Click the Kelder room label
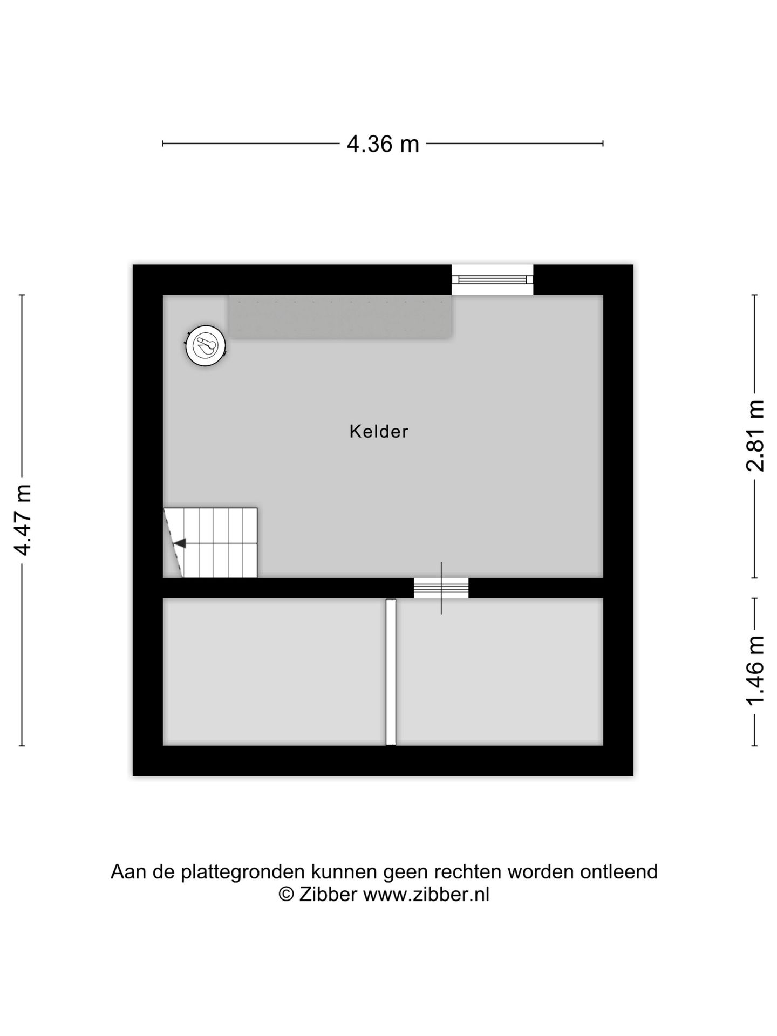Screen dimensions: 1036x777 pos(379,432)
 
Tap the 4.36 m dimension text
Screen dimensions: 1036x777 pos(383,144)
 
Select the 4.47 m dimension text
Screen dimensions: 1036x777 pos(23,520)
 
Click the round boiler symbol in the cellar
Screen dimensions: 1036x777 pos(205,346)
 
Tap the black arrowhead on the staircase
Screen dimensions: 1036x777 pos(180,543)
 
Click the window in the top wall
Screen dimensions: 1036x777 pos(492,280)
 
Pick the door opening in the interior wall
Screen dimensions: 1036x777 pos(441,588)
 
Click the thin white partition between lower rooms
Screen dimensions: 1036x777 pos(391,672)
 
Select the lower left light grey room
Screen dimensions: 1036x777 pos(274,672)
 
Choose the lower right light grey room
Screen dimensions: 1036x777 pos(500,672)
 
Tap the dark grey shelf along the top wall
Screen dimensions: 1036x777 pos(340,317)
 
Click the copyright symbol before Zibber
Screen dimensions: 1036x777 pos(286,895)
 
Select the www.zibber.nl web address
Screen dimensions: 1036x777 pos(426,895)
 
